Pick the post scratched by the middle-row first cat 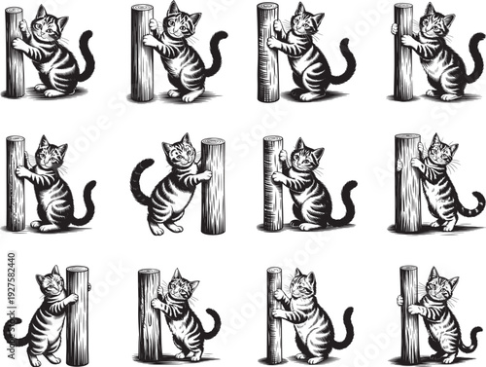coord(16,182)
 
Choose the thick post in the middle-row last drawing coord(407,182)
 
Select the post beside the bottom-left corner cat coord(77,314)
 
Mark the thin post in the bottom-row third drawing coord(275,314)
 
